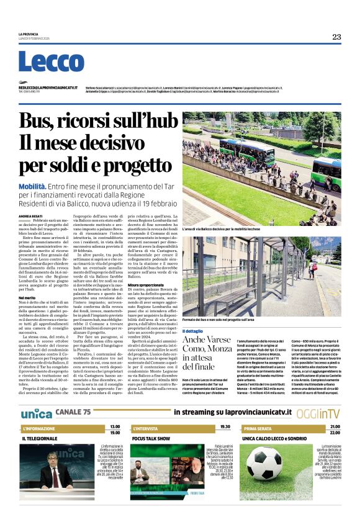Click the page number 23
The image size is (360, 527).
pos(336,37)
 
